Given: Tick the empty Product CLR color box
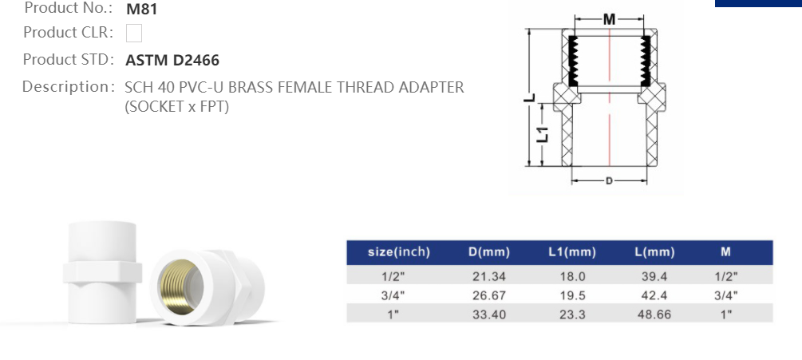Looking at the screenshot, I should (x=134, y=34).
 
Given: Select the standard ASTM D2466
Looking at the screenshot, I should (x=172, y=60).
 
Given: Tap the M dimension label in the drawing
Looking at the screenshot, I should (x=609, y=19).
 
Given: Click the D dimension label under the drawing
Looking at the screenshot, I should (x=609, y=181).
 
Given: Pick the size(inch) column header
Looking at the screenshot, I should (x=398, y=252).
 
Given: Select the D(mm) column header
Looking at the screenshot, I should (x=488, y=252).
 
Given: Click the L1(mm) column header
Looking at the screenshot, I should (x=572, y=252).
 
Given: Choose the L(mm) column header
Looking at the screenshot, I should (x=654, y=252).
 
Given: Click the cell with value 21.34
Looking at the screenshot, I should (x=488, y=276).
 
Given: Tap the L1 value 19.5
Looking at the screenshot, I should (x=572, y=295).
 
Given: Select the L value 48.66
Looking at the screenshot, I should (x=654, y=315).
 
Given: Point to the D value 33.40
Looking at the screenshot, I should (x=488, y=315).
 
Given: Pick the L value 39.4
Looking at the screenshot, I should (x=654, y=276).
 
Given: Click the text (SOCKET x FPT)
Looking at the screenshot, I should (x=176, y=106).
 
